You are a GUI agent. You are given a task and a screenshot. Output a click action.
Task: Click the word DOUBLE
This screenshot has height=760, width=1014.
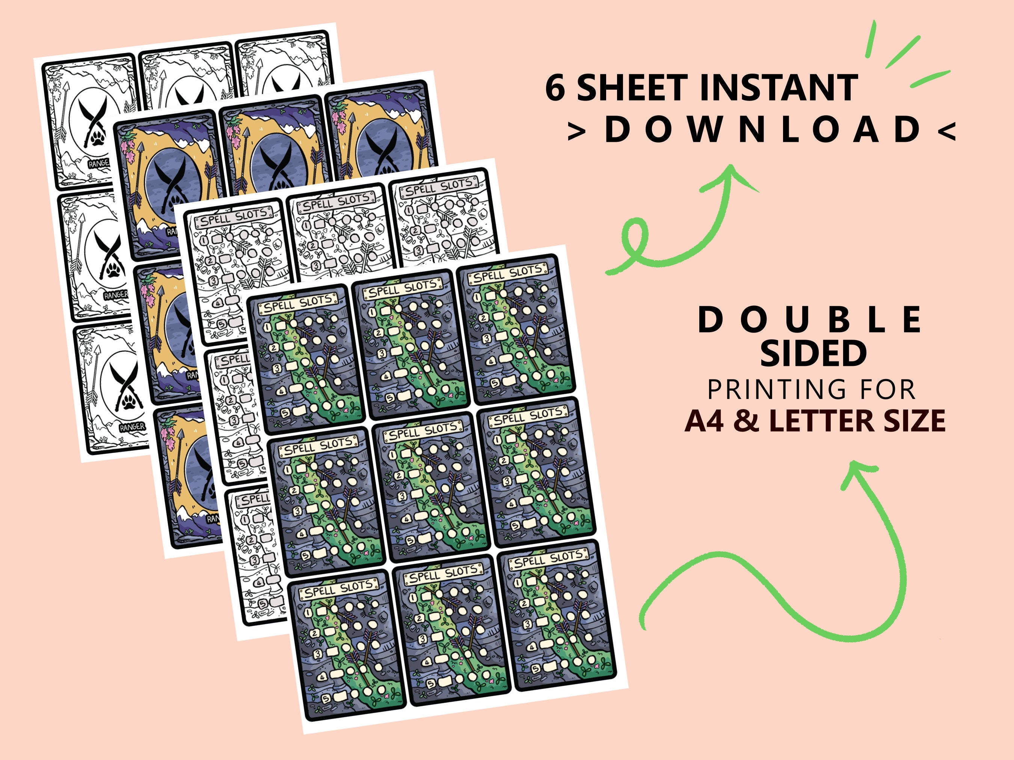(810, 320)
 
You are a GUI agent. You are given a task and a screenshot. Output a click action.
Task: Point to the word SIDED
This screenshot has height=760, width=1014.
(813, 353)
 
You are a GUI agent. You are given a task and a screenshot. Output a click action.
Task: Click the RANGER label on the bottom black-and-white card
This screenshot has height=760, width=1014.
(132, 426)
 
